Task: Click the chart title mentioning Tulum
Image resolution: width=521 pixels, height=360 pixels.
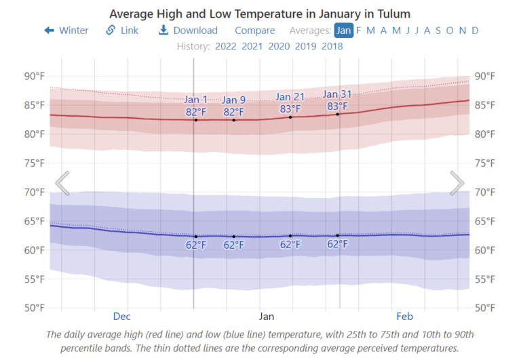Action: tap(260, 14)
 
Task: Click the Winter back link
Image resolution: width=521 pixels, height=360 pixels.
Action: tap(66, 31)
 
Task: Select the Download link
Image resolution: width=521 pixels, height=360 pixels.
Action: tap(188, 31)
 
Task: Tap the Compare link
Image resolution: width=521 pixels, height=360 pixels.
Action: tap(254, 31)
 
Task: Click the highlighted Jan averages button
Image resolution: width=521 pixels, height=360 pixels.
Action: tap(343, 31)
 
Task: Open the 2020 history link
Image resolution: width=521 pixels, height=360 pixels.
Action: tap(279, 47)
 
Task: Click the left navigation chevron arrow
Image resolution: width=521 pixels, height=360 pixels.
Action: tap(62, 183)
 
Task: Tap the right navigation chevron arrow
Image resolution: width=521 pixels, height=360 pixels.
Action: tap(457, 183)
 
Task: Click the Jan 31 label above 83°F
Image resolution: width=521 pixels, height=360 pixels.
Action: tap(337, 94)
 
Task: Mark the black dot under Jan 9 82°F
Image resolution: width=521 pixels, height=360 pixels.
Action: tap(234, 120)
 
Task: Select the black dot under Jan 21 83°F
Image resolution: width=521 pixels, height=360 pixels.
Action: tap(290, 117)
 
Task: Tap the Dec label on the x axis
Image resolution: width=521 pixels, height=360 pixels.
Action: tap(121, 317)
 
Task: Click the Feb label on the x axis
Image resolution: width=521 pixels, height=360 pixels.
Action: tap(404, 317)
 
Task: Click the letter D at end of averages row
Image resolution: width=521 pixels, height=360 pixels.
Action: tap(475, 31)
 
